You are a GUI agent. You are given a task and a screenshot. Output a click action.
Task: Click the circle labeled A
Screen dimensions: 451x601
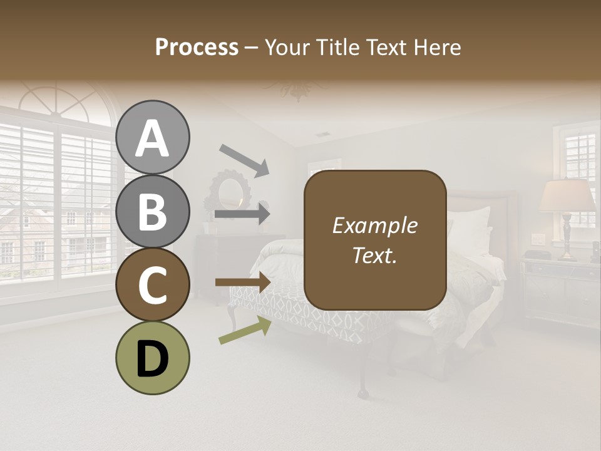tap(153, 137)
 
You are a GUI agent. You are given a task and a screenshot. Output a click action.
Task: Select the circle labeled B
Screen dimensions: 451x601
tap(153, 211)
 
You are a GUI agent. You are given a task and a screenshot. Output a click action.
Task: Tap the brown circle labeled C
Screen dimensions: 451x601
tap(153, 285)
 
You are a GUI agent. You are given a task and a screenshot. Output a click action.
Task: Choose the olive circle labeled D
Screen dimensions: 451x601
tap(153, 358)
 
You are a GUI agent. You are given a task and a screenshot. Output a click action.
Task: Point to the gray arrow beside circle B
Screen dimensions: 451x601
tap(242, 214)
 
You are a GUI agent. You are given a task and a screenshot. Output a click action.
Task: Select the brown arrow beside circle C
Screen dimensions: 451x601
tap(242, 282)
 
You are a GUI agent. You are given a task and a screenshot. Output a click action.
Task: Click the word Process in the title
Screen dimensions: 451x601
tap(197, 47)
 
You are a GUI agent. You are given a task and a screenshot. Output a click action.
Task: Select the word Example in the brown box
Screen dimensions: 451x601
tap(374, 225)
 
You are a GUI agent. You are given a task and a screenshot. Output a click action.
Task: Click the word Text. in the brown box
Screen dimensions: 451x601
tap(374, 255)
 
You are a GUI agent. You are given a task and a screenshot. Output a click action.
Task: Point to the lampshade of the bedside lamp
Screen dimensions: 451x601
tap(567, 196)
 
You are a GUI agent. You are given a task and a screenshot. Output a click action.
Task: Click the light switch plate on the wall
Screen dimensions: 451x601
tap(537, 239)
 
